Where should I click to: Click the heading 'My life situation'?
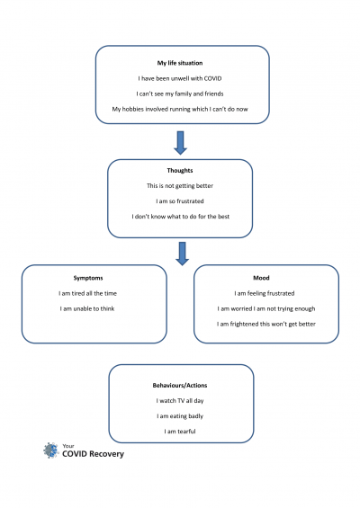(180, 63)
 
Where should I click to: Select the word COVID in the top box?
(212, 78)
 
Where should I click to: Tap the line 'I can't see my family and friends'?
(180, 94)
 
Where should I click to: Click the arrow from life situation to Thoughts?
(180, 143)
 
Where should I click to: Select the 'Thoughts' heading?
(180, 171)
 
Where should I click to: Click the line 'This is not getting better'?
(180, 186)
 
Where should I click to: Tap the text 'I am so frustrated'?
(180, 201)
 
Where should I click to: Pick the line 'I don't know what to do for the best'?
(180, 217)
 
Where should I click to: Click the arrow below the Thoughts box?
(183, 254)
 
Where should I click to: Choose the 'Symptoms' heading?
(88, 278)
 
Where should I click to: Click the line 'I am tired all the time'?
(87, 293)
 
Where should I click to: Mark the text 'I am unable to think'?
(87, 308)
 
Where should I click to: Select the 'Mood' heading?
(261, 278)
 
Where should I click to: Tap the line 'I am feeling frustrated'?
(265, 293)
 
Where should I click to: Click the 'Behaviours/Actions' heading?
(180, 386)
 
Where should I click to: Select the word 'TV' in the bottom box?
(181, 401)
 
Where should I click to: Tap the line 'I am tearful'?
(180, 432)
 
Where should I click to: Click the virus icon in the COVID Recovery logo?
(51, 450)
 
